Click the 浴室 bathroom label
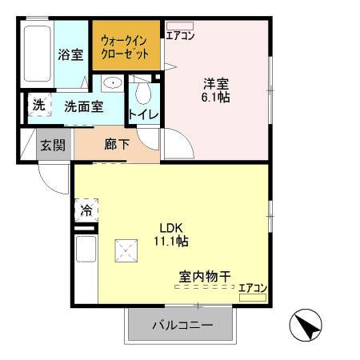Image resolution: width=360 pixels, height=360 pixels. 70,55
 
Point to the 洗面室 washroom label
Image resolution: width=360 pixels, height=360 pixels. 83,106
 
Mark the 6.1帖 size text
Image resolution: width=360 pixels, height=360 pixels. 216,97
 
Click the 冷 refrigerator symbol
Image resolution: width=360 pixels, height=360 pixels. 86,211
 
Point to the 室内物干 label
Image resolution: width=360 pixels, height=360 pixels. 205,277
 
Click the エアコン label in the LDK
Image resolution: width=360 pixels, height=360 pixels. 253,289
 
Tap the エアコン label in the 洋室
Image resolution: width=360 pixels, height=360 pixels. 180,34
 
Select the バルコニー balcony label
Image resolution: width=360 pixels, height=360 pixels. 182,326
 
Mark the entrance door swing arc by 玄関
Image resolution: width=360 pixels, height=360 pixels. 54,180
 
